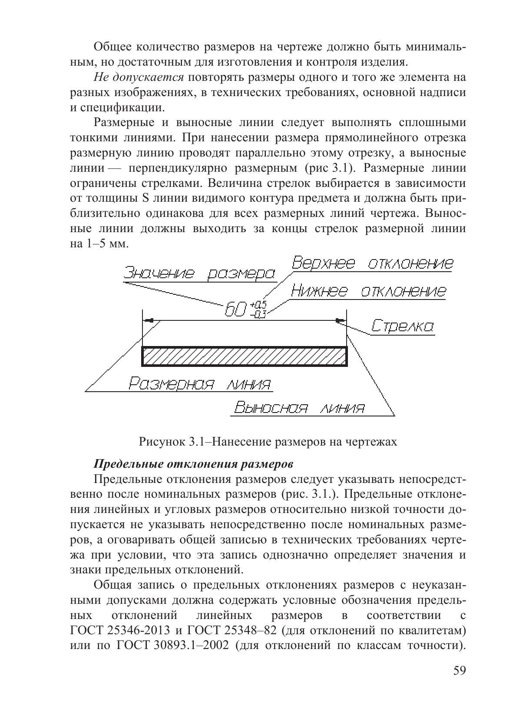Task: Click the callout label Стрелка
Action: click(x=402, y=326)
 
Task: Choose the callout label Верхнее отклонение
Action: click(x=372, y=263)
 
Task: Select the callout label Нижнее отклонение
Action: click(x=368, y=290)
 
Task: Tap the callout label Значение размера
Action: click(x=199, y=273)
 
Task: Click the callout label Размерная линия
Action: click(x=200, y=384)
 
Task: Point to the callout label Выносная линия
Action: click(x=299, y=408)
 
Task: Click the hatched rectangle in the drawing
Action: click(x=245, y=356)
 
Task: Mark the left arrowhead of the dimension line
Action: click(x=149, y=321)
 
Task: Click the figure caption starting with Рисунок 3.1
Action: click(x=268, y=442)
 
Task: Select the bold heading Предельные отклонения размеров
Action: click(x=194, y=463)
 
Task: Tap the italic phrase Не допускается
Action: click(x=139, y=77)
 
